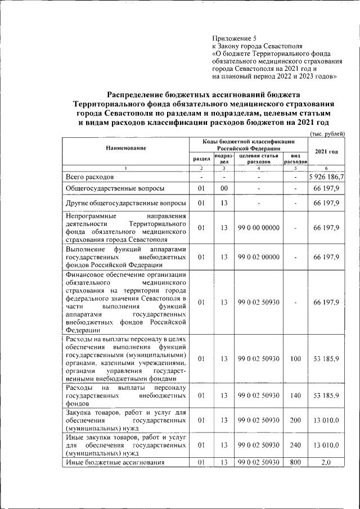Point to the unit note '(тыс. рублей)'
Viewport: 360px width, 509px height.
(x=327, y=133)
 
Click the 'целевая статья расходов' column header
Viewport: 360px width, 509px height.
(x=259, y=158)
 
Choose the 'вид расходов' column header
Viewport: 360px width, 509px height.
(x=295, y=158)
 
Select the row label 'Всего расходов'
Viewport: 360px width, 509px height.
(x=89, y=177)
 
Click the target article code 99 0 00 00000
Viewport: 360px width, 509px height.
(x=259, y=227)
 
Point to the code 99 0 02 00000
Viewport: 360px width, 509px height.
(x=259, y=256)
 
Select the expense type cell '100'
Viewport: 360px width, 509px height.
(x=295, y=358)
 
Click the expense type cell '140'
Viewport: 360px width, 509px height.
(x=295, y=395)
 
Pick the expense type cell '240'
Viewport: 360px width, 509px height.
(x=295, y=445)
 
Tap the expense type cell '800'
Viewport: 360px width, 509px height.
(x=295, y=462)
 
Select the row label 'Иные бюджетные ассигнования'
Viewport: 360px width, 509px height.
(x=115, y=462)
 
